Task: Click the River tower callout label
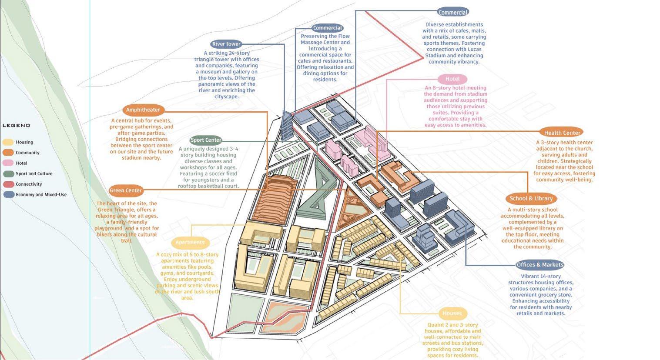click(x=226, y=44)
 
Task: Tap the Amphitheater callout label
click(x=143, y=110)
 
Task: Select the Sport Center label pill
click(x=206, y=140)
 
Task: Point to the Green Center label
click(x=126, y=190)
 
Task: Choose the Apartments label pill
click(x=190, y=242)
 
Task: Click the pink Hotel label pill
click(x=452, y=79)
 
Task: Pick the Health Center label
click(x=562, y=133)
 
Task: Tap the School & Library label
click(x=531, y=198)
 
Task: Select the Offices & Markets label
click(x=540, y=265)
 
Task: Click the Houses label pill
click(x=452, y=313)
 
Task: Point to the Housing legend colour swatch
click(x=8, y=142)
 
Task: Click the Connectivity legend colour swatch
click(x=8, y=184)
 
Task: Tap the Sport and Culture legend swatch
click(x=8, y=173)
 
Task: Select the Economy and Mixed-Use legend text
click(x=41, y=194)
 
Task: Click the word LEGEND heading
click(x=17, y=126)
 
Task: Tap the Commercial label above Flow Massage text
click(x=328, y=28)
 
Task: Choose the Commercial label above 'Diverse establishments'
click(x=453, y=13)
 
